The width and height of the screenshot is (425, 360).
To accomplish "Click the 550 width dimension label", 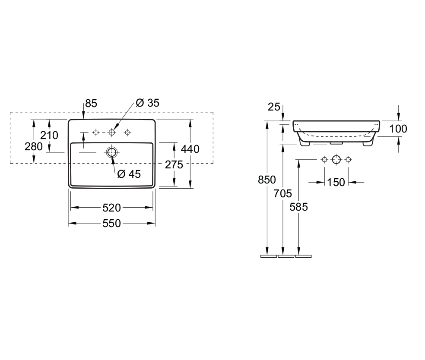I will click(x=111, y=223).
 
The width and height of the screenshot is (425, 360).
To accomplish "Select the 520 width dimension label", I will click(x=111, y=208).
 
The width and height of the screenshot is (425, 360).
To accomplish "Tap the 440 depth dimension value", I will click(x=190, y=149).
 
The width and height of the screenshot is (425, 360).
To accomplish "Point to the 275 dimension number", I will click(x=174, y=164).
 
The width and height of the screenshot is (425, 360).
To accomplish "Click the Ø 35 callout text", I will click(x=147, y=103).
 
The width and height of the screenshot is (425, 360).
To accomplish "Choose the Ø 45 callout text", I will click(x=129, y=174).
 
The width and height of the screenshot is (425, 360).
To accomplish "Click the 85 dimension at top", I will click(x=91, y=103).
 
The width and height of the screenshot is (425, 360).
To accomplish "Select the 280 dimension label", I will click(x=34, y=146).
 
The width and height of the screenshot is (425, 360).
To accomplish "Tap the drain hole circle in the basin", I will click(x=111, y=152).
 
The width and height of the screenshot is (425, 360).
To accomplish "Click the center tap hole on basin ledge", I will click(x=112, y=132).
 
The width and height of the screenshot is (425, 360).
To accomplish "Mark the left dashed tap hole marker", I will click(x=96, y=132).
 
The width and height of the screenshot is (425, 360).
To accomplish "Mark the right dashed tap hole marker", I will click(x=127, y=132).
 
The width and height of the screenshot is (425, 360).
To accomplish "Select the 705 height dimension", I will click(x=283, y=193).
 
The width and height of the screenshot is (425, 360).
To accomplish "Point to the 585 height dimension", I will click(x=299, y=207).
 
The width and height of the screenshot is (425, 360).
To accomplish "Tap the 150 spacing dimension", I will click(x=336, y=183).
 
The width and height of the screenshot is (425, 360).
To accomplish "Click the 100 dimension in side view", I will click(x=398, y=128).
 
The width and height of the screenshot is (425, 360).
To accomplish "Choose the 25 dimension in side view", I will click(x=274, y=107).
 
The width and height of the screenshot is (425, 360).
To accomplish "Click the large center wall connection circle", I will click(x=336, y=160).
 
